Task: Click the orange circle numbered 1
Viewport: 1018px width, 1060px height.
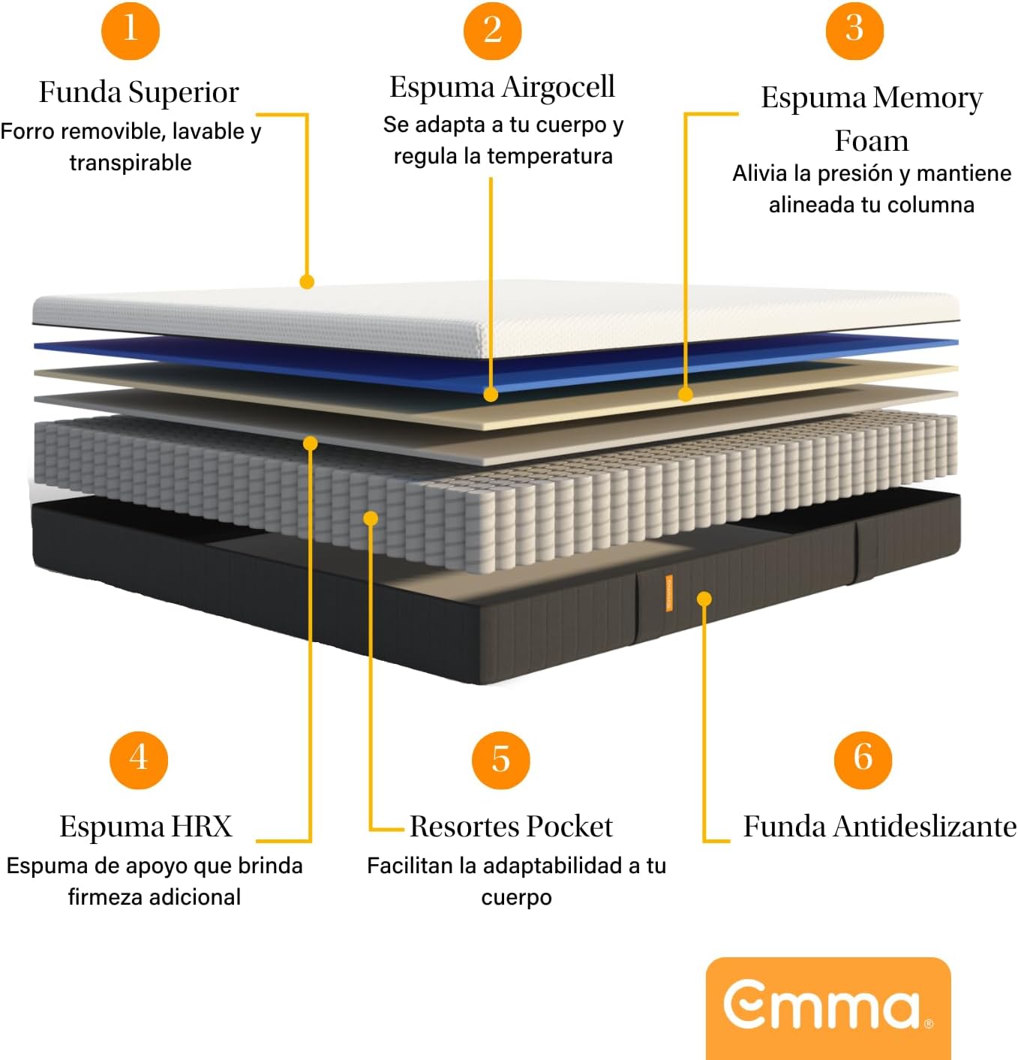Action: (x=131, y=30)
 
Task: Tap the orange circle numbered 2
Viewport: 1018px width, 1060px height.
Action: (x=492, y=30)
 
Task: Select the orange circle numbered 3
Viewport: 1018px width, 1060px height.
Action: (x=854, y=30)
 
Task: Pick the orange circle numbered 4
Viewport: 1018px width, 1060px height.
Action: (x=139, y=759)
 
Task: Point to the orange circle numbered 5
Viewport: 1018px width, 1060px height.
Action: (x=500, y=759)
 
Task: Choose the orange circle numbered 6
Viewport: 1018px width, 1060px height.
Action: (x=863, y=759)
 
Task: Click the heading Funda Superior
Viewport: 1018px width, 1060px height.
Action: (x=139, y=92)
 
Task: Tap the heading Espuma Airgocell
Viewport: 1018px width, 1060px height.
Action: (x=502, y=88)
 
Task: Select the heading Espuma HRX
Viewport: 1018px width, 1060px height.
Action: (x=146, y=827)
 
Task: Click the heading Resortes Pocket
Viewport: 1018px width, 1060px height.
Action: (x=511, y=827)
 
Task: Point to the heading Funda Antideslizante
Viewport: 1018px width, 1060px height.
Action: (x=880, y=827)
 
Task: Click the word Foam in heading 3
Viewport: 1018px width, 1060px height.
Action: (x=872, y=141)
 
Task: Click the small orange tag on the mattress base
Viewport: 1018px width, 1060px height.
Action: (x=669, y=593)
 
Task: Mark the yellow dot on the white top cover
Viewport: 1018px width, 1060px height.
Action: (x=307, y=281)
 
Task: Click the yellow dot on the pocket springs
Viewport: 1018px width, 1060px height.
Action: (x=371, y=518)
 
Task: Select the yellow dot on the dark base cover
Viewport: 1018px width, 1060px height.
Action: (x=704, y=599)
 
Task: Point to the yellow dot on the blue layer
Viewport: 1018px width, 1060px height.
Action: (x=491, y=395)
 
